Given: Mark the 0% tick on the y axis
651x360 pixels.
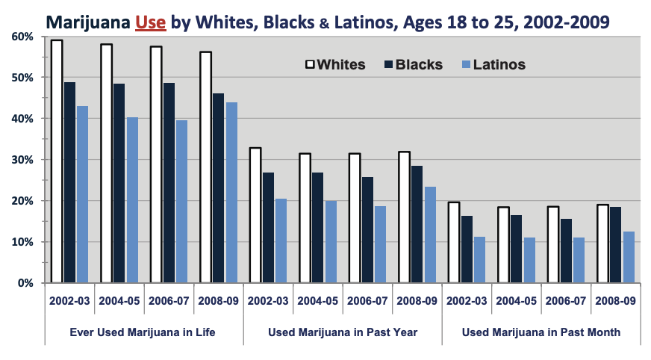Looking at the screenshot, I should click(25, 283).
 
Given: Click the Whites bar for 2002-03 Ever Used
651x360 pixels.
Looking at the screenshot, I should click(57, 161).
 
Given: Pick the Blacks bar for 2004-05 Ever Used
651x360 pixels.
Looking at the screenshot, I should click(119, 183).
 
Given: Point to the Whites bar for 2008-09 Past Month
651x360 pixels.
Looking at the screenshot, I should click(602, 243).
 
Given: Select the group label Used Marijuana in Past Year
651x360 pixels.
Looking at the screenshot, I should click(342, 332).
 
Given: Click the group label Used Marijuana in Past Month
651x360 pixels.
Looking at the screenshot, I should click(541, 332).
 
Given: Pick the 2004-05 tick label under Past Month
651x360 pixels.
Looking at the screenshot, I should click(516, 301).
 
